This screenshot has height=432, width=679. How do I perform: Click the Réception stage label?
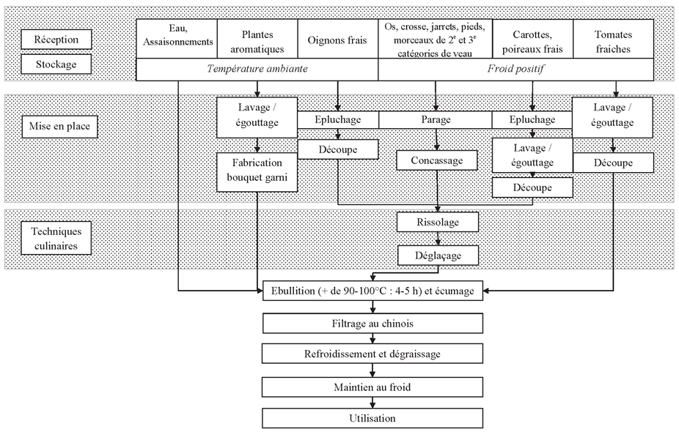coord(56,40)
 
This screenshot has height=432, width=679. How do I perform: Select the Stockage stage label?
coord(56,64)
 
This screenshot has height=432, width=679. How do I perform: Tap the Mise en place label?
coord(59,126)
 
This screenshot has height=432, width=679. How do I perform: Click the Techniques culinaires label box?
coord(56,238)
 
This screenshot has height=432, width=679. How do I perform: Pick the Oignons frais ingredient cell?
coord(338,40)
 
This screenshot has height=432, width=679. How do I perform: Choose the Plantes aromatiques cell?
coord(257,40)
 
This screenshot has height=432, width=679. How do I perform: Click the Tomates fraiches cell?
coord(613,40)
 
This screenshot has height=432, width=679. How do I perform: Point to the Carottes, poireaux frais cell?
coord(532,40)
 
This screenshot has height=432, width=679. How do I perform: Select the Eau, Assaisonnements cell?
coord(177,40)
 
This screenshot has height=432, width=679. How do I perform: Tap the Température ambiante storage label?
coord(257,69)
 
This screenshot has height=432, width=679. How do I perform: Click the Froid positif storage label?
coord(515,69)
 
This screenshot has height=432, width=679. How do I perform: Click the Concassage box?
coord(437,160)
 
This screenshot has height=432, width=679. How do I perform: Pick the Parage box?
coord(436,120)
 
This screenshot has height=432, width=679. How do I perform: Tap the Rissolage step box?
coord(438,223)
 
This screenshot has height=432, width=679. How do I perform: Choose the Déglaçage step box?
coord(438,256)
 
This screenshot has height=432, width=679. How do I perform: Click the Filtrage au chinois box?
coord(372,324)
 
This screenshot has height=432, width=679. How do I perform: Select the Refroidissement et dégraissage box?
coord(372,354)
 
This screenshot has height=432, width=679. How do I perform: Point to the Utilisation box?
coord(372,418)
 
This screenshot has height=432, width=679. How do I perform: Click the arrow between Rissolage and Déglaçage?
coord(438,239)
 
